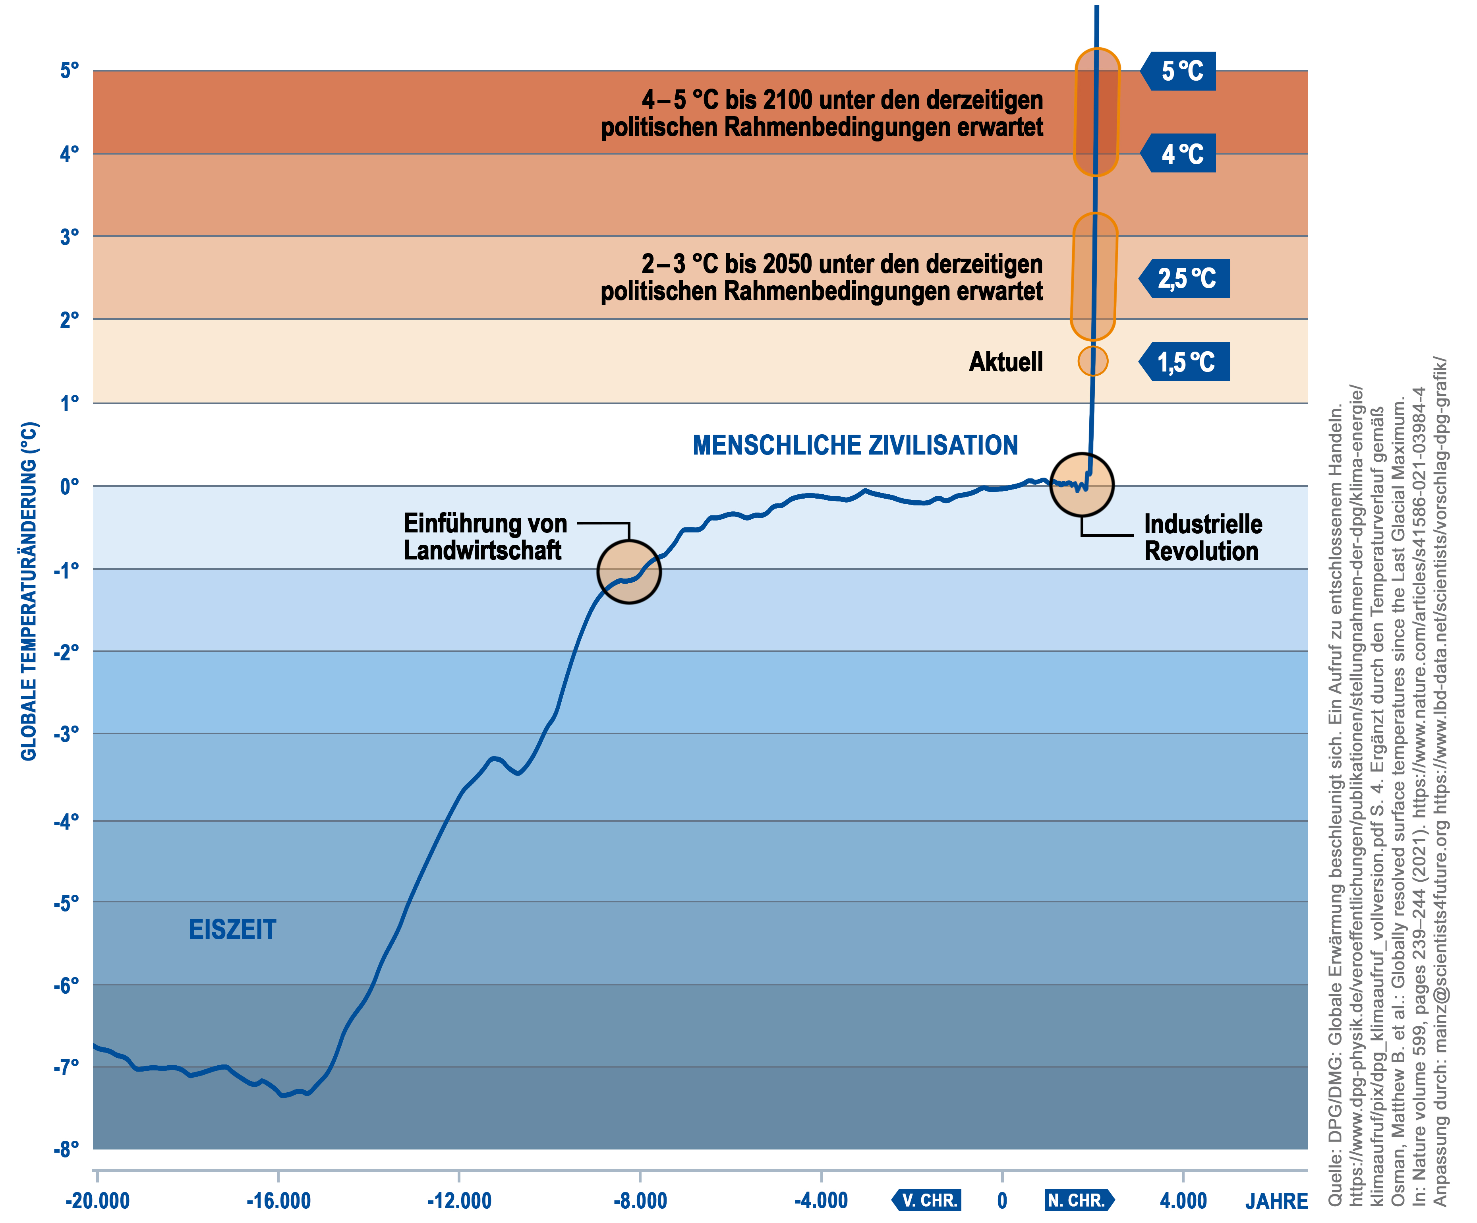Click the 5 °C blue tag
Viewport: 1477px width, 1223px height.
[x=1179, y=71]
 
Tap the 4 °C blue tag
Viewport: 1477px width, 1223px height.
[x=1179, y=153]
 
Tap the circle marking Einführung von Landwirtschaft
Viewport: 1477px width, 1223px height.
[x=629, y=572]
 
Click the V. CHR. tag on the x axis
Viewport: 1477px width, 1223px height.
[x=928, y=1200]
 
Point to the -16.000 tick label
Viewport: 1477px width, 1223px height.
[x=278, y=1200]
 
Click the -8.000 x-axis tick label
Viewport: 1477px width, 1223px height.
[x=640, y=1200]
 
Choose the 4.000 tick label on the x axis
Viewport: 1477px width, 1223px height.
[x=1183, y=1200]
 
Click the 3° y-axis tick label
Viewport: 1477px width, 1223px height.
[x=69, y=237]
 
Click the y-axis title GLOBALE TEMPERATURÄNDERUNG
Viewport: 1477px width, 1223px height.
[x=28, y=591]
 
